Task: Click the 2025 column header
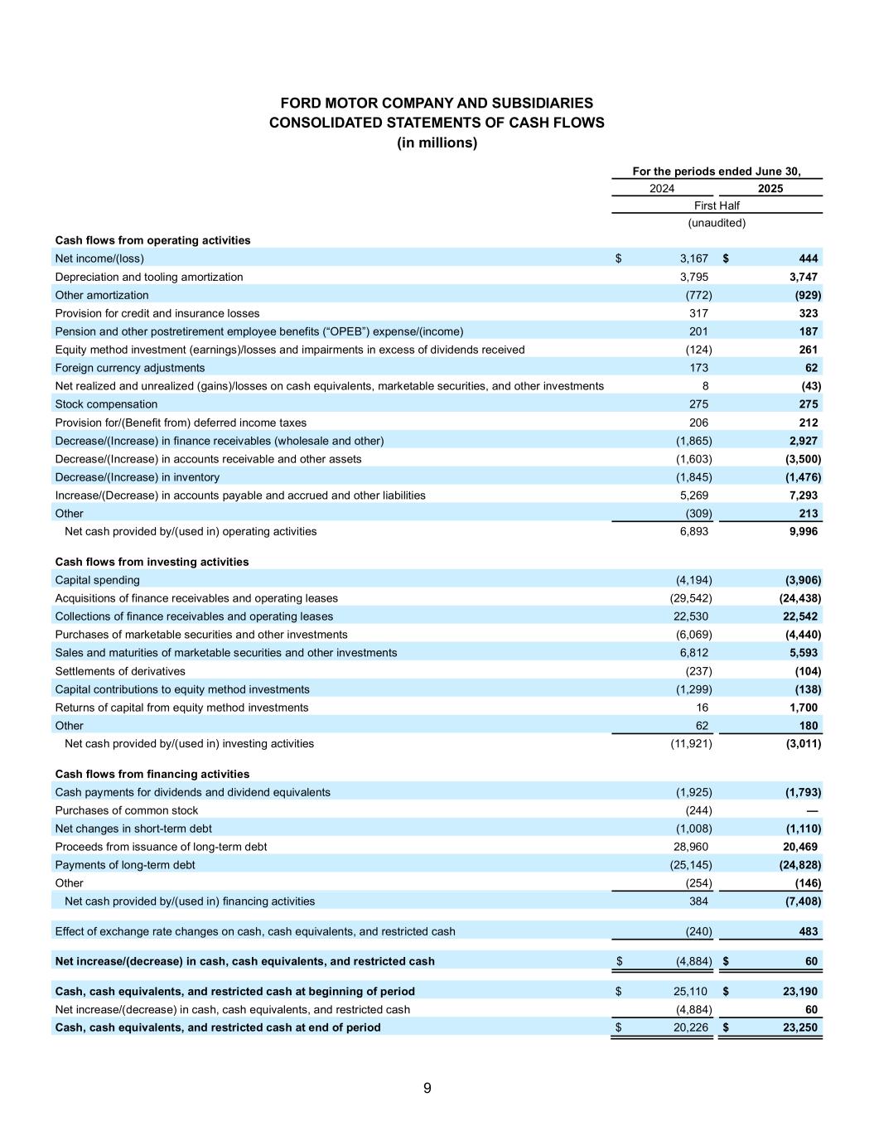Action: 770,188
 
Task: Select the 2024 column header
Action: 662,188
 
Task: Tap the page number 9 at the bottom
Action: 427,1088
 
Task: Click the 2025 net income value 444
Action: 809,259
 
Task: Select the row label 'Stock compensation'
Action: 106,404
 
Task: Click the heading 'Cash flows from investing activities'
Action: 152,562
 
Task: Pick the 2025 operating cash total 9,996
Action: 801,531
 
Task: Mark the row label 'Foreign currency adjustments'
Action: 129,368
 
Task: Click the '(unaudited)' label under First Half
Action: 717,223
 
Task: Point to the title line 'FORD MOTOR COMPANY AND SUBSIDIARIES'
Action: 437,104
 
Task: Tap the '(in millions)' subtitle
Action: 437,143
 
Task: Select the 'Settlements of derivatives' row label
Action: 120,671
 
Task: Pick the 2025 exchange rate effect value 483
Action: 809,931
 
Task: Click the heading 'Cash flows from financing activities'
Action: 152,774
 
